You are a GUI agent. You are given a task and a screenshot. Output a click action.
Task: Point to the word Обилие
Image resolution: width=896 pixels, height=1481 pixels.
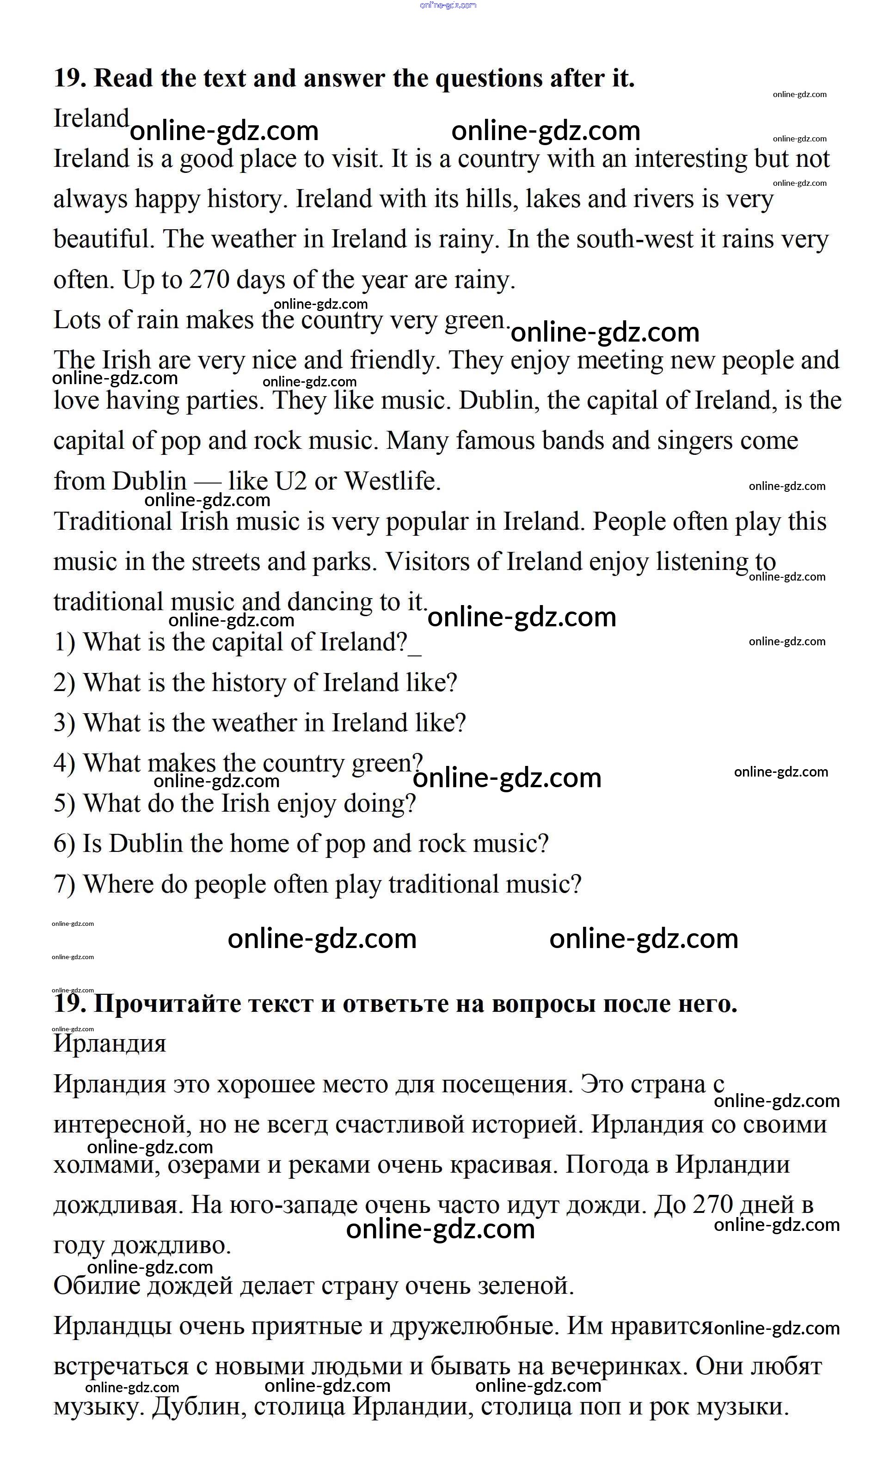96,1285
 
